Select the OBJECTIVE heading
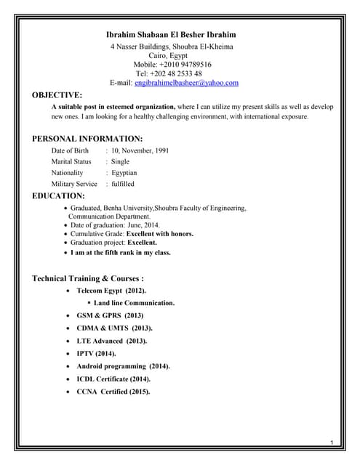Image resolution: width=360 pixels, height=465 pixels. [57, 95]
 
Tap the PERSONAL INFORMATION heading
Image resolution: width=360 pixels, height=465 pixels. [87, 139]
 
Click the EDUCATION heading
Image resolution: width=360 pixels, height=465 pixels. [59, 196]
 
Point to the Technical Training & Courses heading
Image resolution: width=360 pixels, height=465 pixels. [88, 278]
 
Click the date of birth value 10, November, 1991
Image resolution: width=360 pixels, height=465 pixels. [140, 150]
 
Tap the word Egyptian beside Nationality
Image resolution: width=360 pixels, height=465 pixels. [124, 173]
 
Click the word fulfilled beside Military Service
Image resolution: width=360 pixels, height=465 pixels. [123, 185]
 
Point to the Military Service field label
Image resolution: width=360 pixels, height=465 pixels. [74, 185]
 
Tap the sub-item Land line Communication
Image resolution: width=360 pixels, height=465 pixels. [134, 303]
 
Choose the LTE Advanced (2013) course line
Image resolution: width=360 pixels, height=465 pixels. [111, 341]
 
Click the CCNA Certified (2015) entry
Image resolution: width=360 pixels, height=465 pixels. [113, 392]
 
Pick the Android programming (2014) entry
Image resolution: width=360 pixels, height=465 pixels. [123, 366]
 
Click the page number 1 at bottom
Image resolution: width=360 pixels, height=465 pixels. [331, 443]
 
